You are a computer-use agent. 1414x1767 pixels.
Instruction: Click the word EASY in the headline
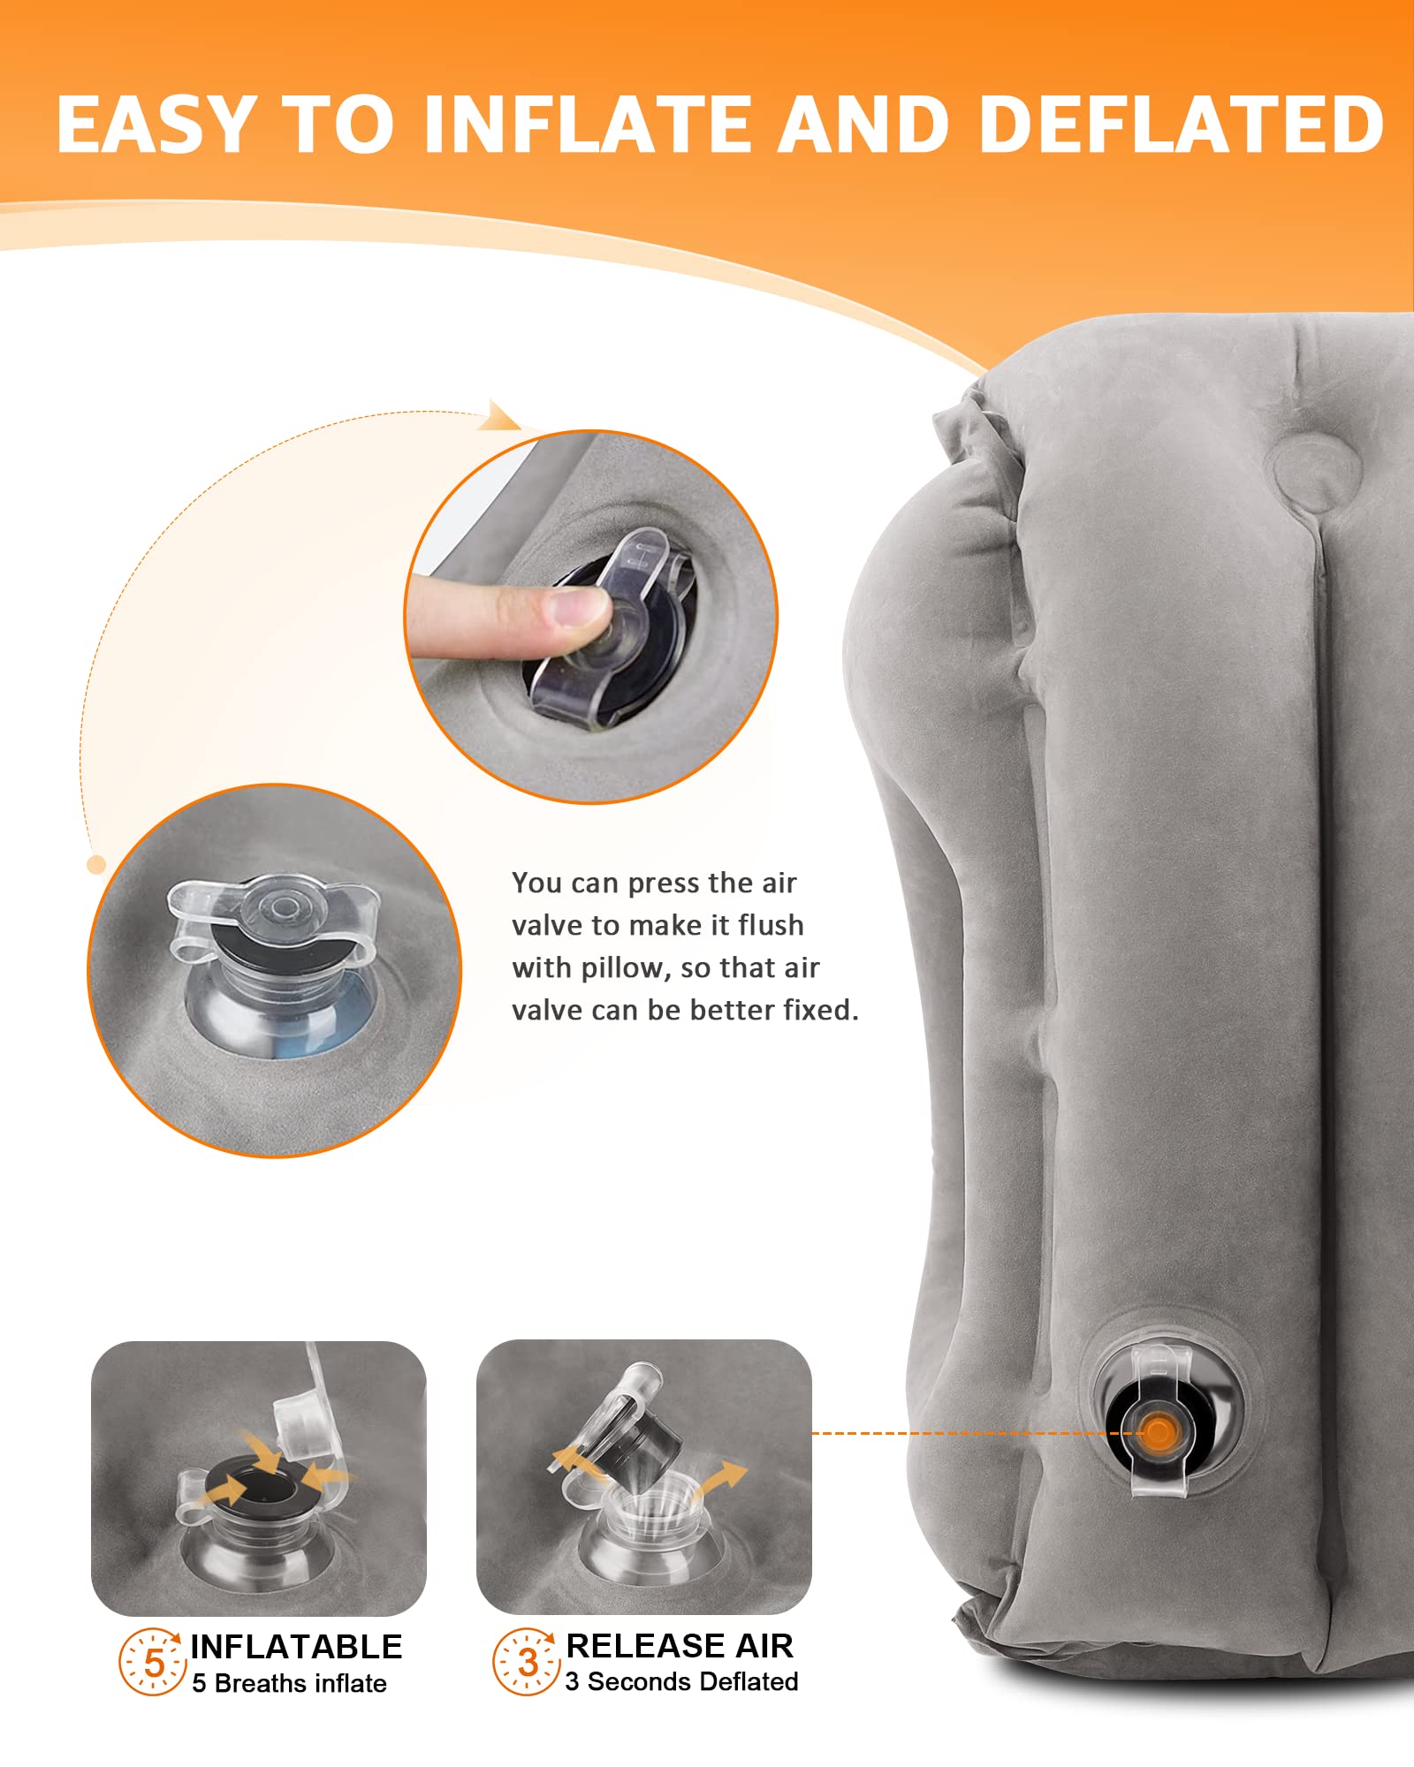[156, 125]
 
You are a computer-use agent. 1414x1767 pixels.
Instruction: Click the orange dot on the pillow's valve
[1157, 1432]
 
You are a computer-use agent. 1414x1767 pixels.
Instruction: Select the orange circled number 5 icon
[153, 1662]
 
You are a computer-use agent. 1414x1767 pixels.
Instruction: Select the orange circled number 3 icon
[527, 1661]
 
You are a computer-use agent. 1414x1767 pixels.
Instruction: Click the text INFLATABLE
[296, 1647]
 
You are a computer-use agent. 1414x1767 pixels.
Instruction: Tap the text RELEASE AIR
[679, 1646]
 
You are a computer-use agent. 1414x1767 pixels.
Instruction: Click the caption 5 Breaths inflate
[289, 1684]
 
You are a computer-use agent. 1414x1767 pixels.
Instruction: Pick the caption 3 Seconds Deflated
[681, 1682]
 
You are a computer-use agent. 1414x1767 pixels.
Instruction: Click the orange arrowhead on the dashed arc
[501, 417]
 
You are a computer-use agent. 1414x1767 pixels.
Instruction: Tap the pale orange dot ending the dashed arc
[96, 865]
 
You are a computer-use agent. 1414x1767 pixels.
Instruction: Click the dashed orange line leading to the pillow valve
[954, 1433]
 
